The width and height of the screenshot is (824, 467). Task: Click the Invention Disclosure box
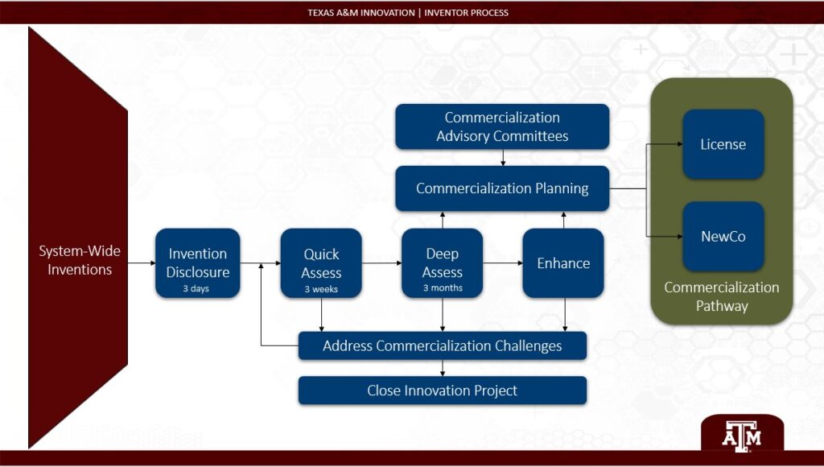click(x=197, y=262)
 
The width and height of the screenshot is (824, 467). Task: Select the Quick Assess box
click(x=321, y=262)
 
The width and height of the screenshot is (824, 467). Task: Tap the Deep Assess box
click(x=442, y=262)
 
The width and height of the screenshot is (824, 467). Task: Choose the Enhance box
click(x=563, y=263)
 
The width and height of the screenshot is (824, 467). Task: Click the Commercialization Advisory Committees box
click(x=502, y=126)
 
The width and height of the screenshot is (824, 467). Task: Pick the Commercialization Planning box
click(x=502, y=188)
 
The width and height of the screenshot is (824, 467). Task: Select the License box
click(x=723, y=144)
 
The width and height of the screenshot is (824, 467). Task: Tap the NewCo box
click(x=723, y=237)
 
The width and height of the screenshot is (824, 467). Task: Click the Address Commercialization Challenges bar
click(x=442, y=346)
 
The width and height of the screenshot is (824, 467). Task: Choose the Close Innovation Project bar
click(x=442, y=391)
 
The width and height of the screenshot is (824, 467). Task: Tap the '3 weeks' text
click(x=321, y=289)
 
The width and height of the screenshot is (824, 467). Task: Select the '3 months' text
click(x=442, y=288)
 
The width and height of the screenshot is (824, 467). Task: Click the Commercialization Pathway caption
click(x=721, y=296)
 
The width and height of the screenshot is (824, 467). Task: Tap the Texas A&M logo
click(x=741, y=436)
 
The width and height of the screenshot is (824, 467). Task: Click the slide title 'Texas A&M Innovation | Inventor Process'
click(x=407, y=12)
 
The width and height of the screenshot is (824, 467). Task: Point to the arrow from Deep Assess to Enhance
click(x=503, y=263)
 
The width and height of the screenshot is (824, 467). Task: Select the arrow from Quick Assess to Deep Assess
click(x=381, y=263)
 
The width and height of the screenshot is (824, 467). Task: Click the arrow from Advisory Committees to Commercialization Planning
click(x=503, y=158)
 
